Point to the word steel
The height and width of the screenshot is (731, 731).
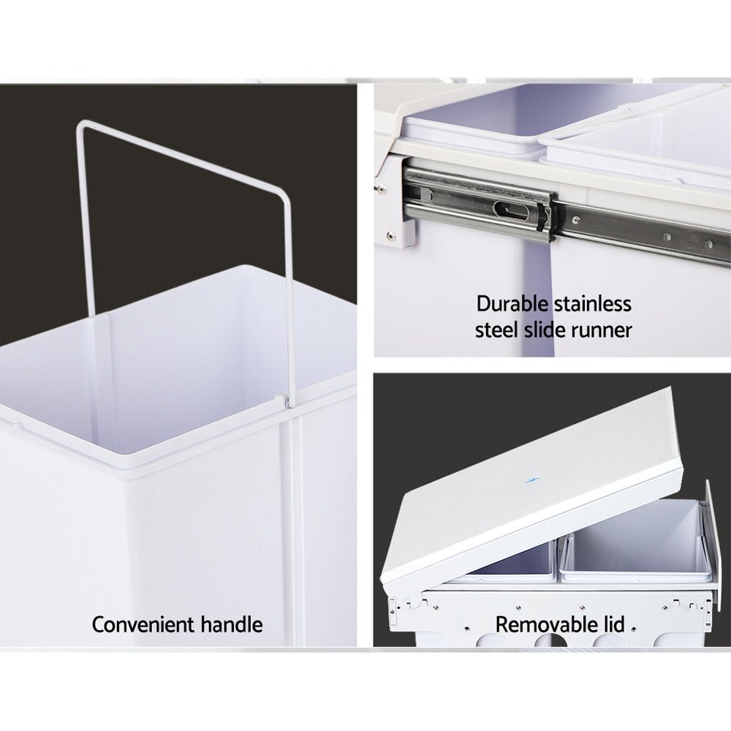click(x=496, y=330)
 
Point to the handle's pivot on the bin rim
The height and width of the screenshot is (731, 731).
click(x=284, y=401)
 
